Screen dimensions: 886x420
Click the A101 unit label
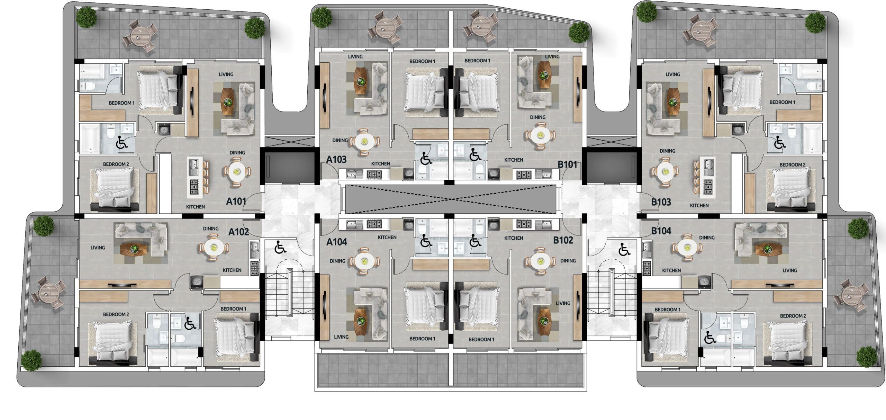point(236,201)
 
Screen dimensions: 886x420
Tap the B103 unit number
point(661,202)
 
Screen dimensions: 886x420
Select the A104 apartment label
point(336,242)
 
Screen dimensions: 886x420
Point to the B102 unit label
point(563,240)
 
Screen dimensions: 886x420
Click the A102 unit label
point(238,232)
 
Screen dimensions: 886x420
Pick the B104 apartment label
point(661,231)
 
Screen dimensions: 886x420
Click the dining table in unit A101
point(237,171)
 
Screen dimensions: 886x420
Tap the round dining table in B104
point(687,248)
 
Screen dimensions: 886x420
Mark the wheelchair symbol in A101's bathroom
point(121,142)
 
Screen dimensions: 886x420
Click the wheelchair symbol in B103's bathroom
point(780,142)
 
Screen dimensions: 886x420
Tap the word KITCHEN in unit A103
point(381,164)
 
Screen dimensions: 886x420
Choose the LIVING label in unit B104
point(790,270)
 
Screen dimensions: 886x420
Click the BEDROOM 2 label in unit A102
point(116,314)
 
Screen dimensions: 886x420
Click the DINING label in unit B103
point(667,151)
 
